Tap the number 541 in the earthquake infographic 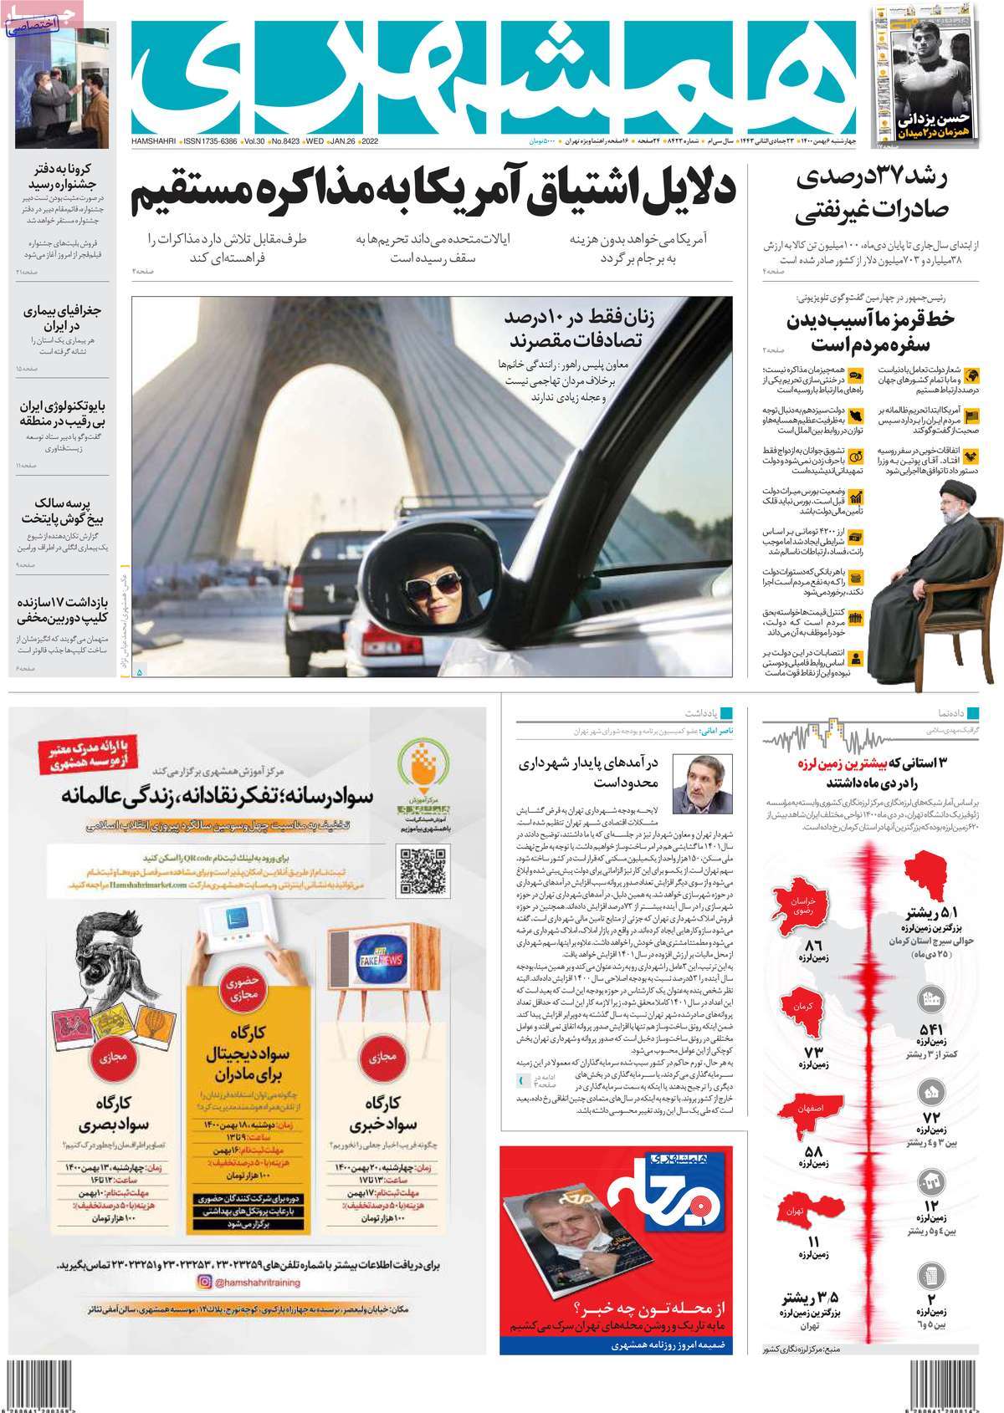[932, 1029]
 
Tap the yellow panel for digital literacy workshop [242, 1079]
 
